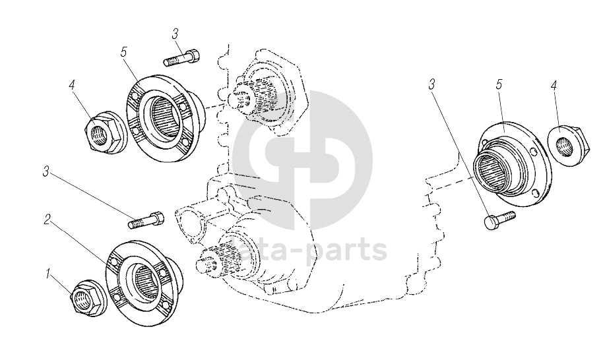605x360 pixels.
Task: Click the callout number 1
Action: (48, 274)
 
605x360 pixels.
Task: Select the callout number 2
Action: (47, 220)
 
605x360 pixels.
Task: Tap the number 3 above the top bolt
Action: (175, 34)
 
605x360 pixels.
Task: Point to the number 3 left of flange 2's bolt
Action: (46, 171)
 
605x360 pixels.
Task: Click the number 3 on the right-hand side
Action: (431, 84)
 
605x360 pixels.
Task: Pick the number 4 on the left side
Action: (72, 85)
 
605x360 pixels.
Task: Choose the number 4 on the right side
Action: (554, 85)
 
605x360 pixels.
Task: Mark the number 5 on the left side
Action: (123, 52)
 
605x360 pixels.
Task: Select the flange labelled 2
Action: (144, 284)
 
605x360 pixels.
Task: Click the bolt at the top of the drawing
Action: (181, 58)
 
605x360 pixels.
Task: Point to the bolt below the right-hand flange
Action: (499, 220)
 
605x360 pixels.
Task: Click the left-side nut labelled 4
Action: (104, 132)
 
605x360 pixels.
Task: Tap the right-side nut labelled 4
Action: (568, 146)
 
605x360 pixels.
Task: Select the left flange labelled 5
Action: (165, 118)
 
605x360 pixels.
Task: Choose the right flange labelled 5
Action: (509, 164)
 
